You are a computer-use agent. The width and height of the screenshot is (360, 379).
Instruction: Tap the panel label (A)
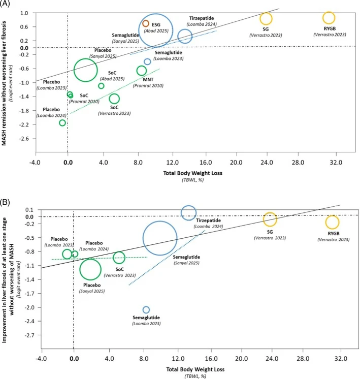pyautogui.click(x=5, y=4)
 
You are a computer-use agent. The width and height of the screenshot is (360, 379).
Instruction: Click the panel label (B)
pyautogui.click(x=5, y=202)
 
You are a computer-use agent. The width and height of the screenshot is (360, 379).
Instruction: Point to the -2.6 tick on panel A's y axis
pyautogui.click(x=25, y=139)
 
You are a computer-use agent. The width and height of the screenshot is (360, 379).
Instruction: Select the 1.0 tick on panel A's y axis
pyautogui.click(x=24, y=13)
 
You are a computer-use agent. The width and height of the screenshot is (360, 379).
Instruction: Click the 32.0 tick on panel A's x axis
pyautogui.click(x=336, y=162)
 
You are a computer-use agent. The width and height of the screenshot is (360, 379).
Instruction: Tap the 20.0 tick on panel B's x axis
pyautogui.click(x=241, y=358)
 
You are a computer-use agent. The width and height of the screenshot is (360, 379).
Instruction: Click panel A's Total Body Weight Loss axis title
pyautogui.click(x=193, y=173)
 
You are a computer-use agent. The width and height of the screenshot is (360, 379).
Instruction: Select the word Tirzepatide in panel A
pyautogui.click(x=202, y=18)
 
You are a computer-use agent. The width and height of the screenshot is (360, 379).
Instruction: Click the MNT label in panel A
pyautogui.click(x=148, y=80)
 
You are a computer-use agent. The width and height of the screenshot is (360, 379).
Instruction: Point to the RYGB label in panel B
pyautogui.click(x=334, y=234)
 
